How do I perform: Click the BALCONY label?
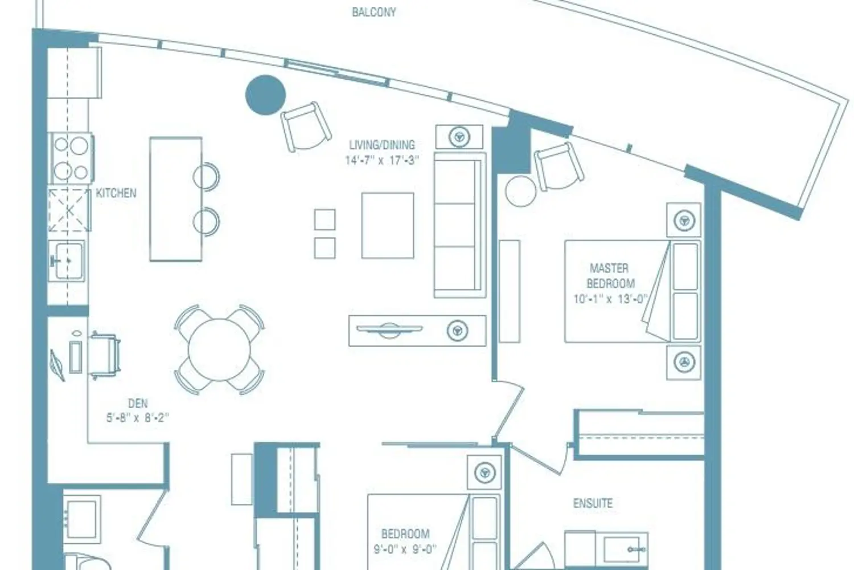click(x=373, y=12)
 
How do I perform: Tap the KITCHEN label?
click(x=116, y=193)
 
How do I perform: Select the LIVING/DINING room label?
click(x=382, y=145)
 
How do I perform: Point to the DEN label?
click(x=138, y=403)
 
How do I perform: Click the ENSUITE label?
click(x=593, y=503)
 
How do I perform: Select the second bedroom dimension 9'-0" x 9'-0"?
click(x=405, y=549)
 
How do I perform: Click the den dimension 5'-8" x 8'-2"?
click(x=138, y=417)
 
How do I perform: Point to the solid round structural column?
click(x=265, y=95)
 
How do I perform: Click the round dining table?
click(x=219, y=350)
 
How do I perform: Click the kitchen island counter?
click(x=176, y=199)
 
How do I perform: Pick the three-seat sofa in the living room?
click(x=460, y=225)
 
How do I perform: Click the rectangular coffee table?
click(x=388, y=225)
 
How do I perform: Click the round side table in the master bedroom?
click(x=521, y=192)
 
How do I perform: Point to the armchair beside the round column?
click(x=306, y=127)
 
